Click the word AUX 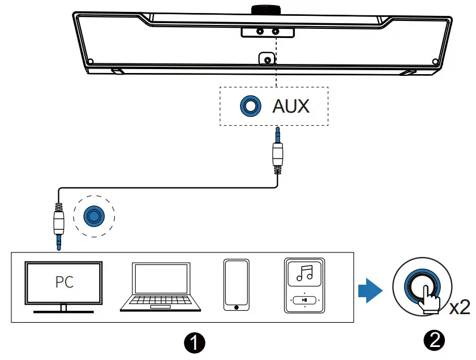pyautogui.click(x=291, y=106)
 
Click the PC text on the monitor pyautogui.click(x=64, y=281)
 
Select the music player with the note pyautogui.click(x=305, y=285)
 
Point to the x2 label pyautogui.click(x=459, y=307)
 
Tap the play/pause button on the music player pyautogui.click(x=305, y=300)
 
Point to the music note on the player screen pyautogui.click(x=305, y=274)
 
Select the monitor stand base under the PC pyautogui.click(x=63, y=311)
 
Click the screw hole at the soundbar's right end pyautogui.click(x=435, y=62)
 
